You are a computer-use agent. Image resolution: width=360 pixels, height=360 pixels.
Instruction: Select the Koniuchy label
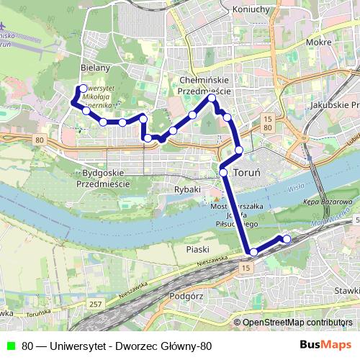251,9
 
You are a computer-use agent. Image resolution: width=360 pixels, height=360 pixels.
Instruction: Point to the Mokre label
318,42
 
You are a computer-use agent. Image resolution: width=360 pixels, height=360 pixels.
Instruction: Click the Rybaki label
187,189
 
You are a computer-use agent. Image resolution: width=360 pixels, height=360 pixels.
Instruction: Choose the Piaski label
197,249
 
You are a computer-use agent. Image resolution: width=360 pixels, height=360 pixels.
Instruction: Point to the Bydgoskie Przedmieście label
105,179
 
